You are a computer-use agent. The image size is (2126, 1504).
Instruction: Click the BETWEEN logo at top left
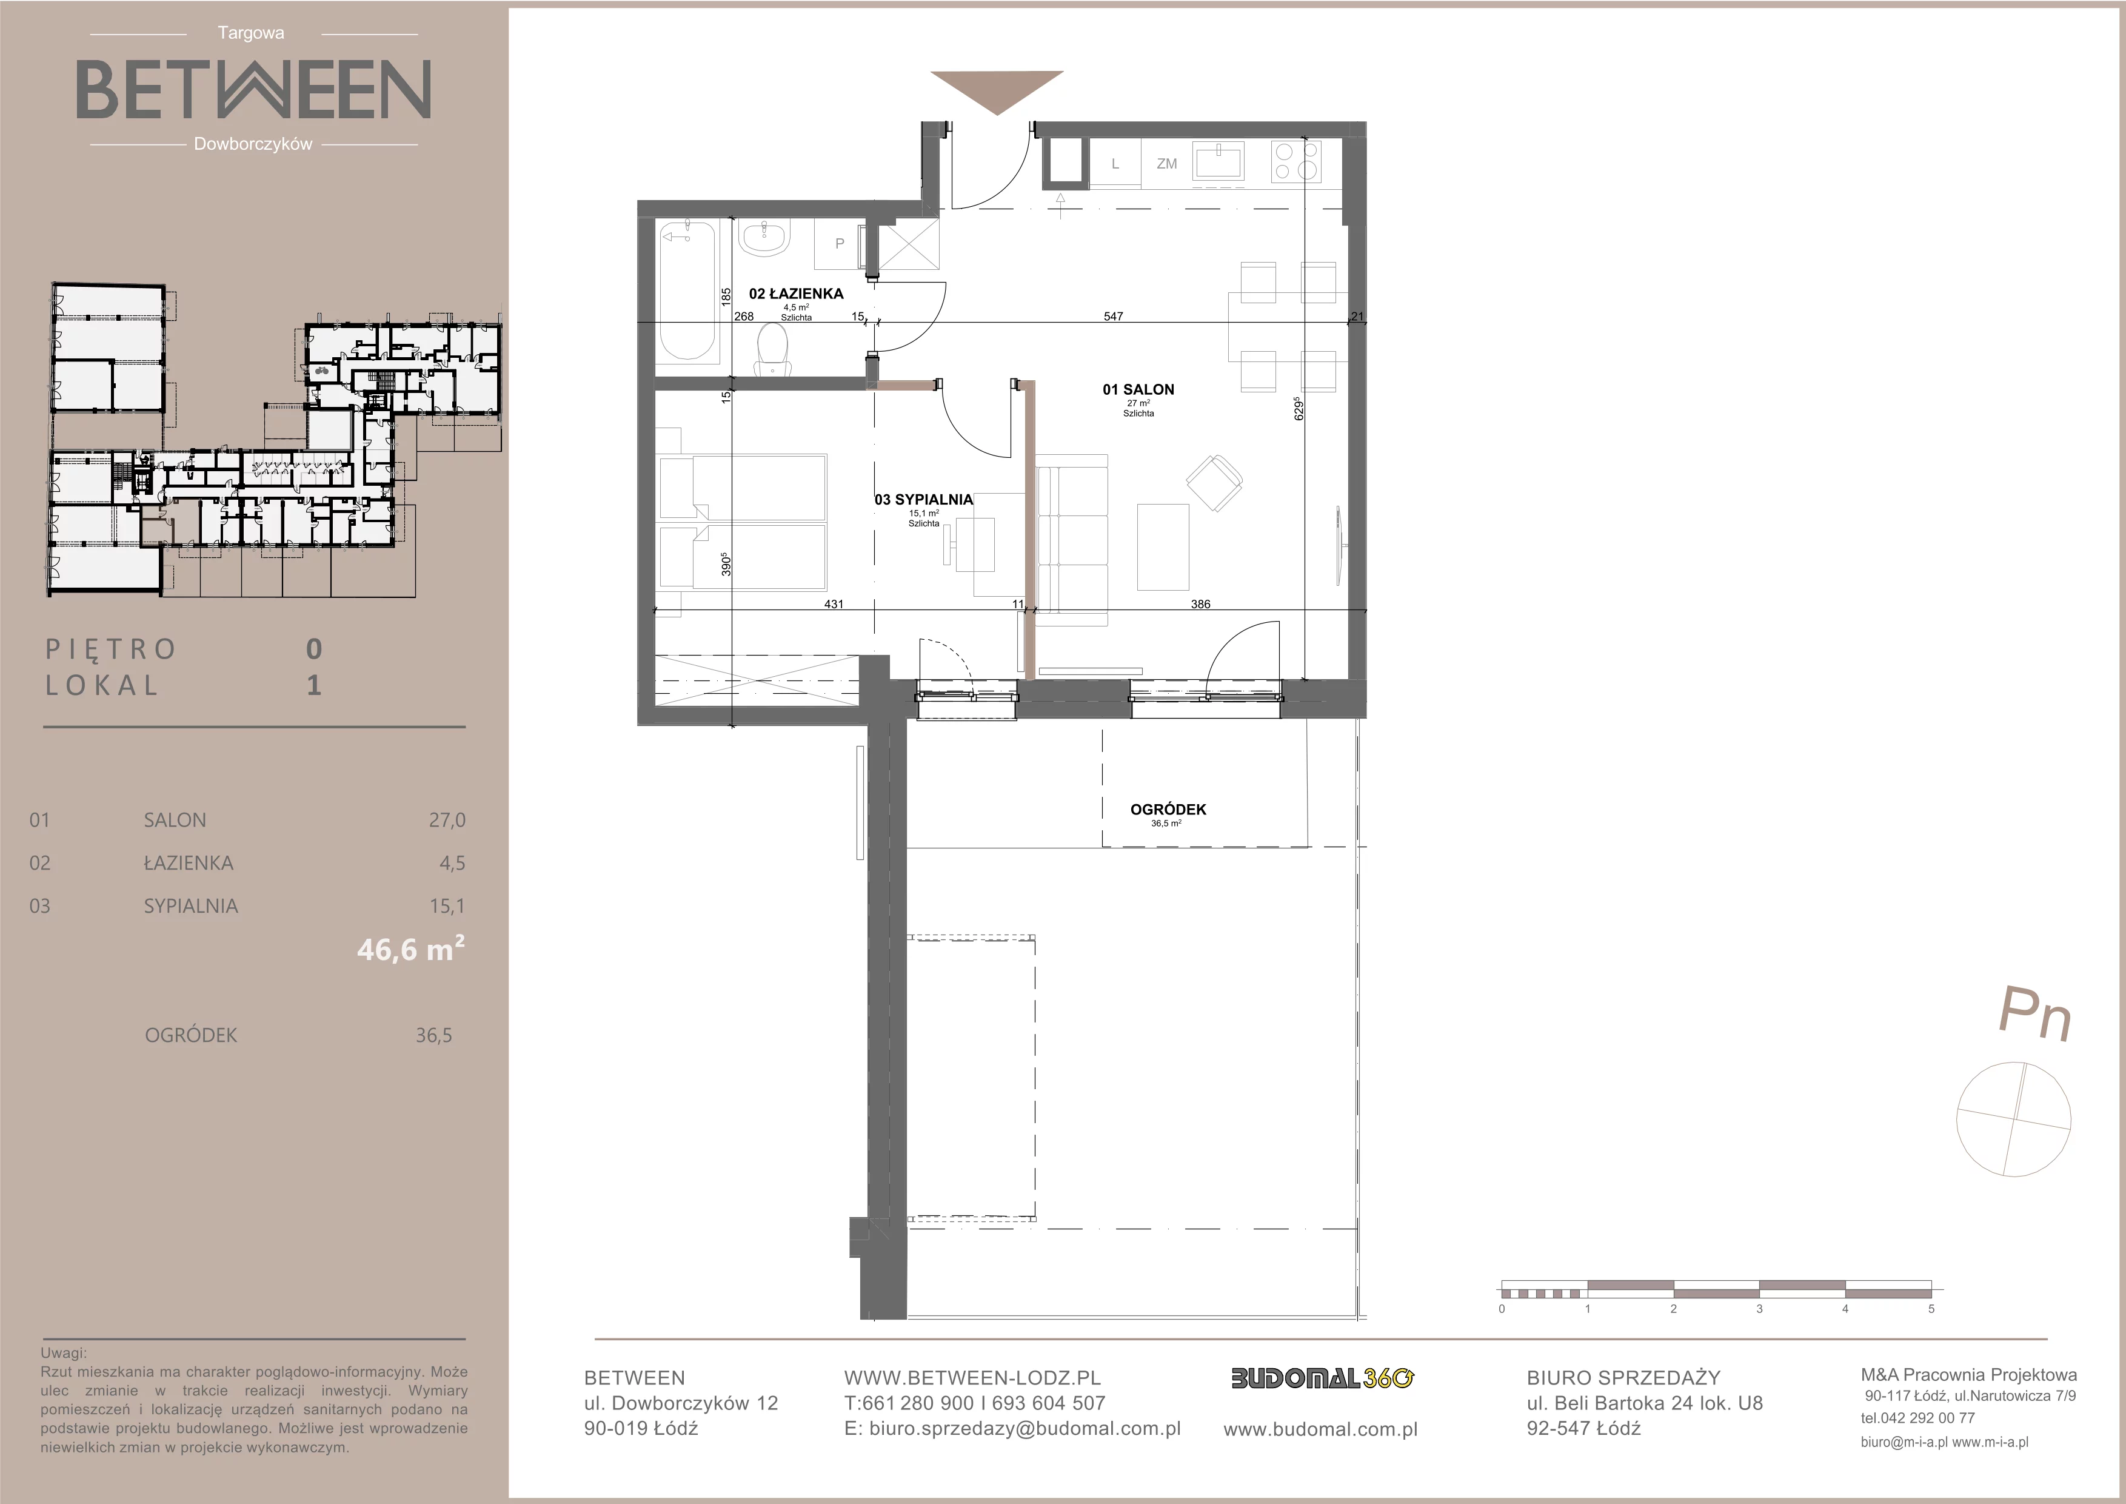(253, 90)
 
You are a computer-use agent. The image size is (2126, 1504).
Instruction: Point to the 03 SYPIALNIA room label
(924, 499)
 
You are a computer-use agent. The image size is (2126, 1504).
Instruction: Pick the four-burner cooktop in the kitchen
(1295, 161)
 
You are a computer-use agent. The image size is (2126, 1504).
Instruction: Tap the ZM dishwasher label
(1167, 164)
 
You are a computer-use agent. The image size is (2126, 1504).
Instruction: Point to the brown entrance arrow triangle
(997, 92)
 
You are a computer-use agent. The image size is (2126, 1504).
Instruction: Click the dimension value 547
(1113, 316)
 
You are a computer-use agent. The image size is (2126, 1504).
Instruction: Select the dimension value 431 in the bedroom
(834, 604)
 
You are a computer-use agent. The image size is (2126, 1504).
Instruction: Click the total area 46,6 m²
(411, 948)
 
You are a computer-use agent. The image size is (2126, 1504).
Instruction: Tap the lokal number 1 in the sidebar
(314, 685)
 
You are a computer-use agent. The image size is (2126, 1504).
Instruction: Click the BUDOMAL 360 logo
(1322, 1378)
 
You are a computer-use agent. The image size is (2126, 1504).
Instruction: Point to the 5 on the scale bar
(1931, 1309)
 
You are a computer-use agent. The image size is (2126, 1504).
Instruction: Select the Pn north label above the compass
(2034, 1015)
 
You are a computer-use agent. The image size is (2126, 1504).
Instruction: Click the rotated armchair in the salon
(1214, 482)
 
